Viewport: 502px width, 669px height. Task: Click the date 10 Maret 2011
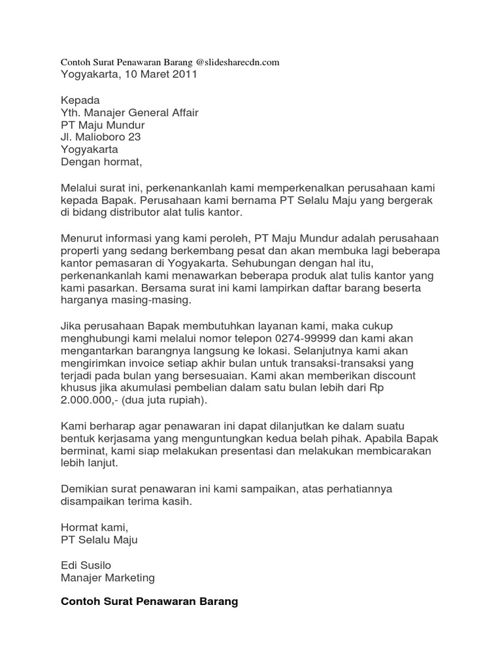[x=157, y=74]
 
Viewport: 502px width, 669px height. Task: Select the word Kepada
[x=80, y=100]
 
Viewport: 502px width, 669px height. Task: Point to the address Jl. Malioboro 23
[x=101, y=137]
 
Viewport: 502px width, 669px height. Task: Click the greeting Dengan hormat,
[x=101, y=162]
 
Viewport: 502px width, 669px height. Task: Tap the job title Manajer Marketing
[x=107, y=577]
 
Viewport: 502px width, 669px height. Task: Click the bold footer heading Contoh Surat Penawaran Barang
[x=149, y=602]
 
